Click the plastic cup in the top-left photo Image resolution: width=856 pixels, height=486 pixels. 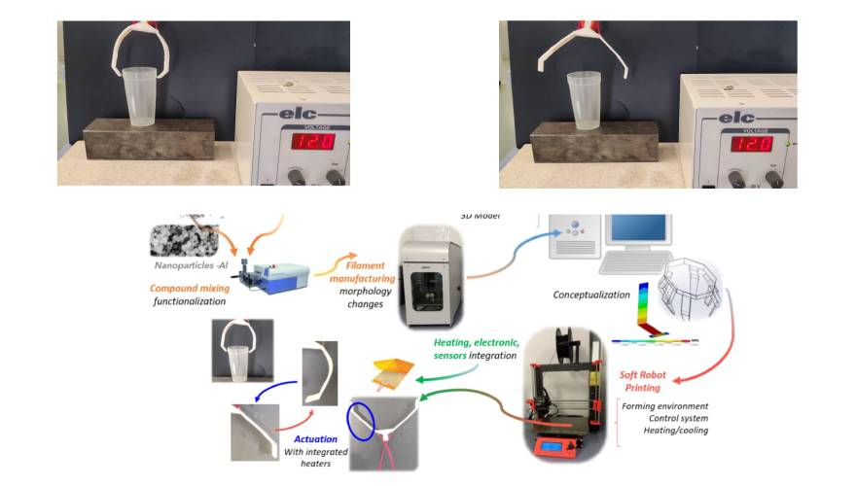pyautogui.click(x=145, y=95)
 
